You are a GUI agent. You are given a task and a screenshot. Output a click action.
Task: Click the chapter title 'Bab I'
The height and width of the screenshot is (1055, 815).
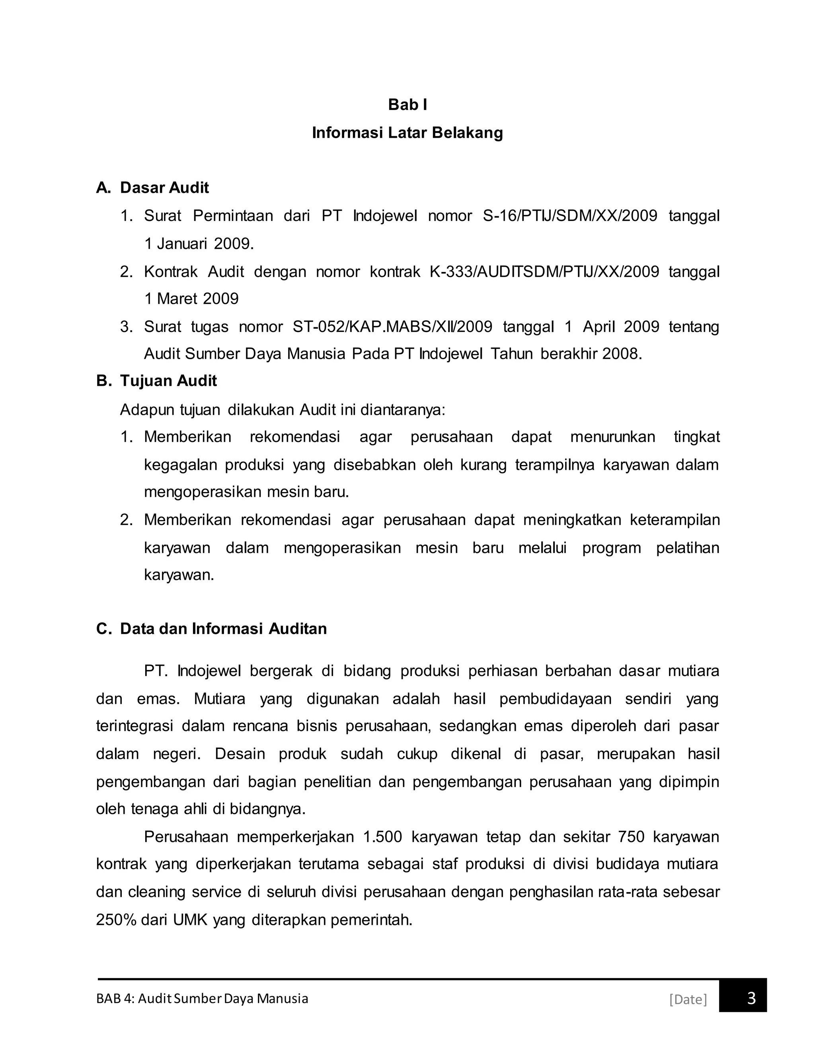(407, 105)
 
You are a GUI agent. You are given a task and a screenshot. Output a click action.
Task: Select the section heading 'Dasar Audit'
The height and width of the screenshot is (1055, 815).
(164, 188)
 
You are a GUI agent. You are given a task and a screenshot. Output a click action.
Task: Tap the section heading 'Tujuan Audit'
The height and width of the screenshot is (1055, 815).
(168, 381)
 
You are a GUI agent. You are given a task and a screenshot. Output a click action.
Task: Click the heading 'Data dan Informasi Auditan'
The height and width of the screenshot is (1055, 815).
(223, 629)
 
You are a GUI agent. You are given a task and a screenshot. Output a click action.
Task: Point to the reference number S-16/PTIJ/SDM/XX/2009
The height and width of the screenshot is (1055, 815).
(570, 215)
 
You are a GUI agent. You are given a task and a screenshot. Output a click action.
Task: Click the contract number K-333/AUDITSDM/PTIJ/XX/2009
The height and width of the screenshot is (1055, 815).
(544, 272)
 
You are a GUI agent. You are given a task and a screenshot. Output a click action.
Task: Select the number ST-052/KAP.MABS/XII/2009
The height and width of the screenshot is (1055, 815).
(392, 326)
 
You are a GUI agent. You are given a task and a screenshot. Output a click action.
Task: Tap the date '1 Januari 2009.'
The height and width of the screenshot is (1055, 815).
(199, 244)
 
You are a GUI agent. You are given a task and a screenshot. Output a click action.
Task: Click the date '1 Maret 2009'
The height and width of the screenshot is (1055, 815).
(191, 299)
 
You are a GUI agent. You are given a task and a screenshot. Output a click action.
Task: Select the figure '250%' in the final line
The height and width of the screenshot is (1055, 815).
(116, 920)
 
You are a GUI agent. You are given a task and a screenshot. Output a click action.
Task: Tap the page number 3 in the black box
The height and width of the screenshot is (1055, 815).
(751, 998)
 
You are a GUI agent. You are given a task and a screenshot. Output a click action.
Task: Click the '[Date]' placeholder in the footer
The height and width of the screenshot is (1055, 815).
(688, 999)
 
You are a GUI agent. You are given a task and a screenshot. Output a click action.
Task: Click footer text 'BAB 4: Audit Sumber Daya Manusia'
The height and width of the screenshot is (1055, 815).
(202, 998)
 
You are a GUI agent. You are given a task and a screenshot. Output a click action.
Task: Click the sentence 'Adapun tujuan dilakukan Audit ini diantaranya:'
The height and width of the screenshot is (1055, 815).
(282, 410)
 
